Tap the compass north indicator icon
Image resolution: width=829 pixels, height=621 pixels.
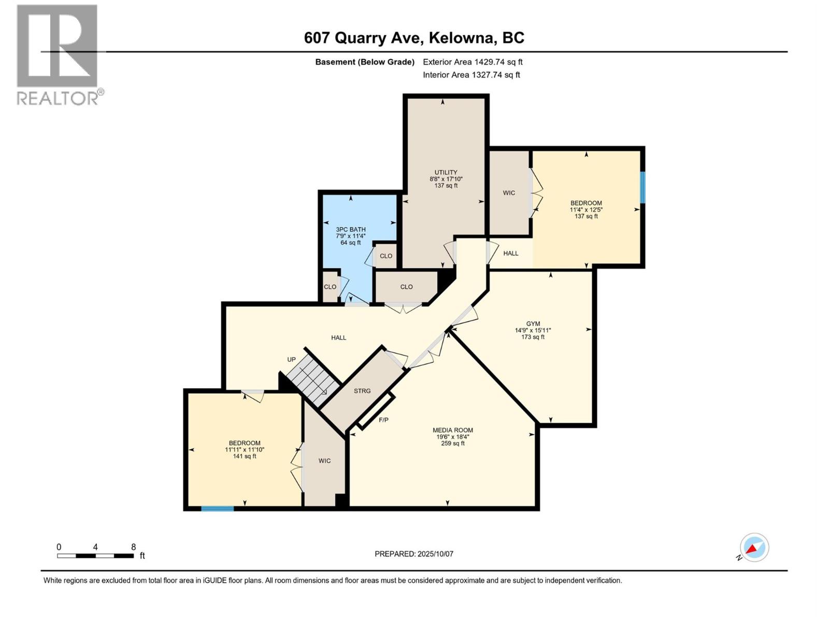click(754, 548)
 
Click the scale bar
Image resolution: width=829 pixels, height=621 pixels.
click(95, 556)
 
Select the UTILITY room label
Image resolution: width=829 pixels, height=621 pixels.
click(446, 172)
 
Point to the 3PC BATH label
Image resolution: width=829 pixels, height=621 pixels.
click(351, 229)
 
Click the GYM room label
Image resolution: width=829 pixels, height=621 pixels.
click(533, 323)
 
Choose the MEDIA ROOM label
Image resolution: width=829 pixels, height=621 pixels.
click(453, 430)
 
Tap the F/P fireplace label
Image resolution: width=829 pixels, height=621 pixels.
click(383, 420)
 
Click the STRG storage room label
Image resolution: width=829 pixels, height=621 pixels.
click(362, 391)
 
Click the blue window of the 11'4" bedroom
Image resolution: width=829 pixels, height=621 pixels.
click(642, 187)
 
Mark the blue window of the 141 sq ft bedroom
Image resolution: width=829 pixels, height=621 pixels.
click(217, 509)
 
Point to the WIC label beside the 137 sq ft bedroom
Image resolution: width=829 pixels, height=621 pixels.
click(509, 193)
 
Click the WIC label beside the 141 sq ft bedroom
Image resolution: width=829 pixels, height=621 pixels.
click(324, 461)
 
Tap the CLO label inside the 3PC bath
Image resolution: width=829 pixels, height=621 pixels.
click(386, 256)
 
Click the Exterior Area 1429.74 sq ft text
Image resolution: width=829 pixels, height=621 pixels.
click(473, 62)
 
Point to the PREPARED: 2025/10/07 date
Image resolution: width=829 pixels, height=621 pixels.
click(414, 554)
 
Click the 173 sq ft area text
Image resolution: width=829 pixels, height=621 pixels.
click(533, 337)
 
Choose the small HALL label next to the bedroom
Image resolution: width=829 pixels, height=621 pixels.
click(511, 253)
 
